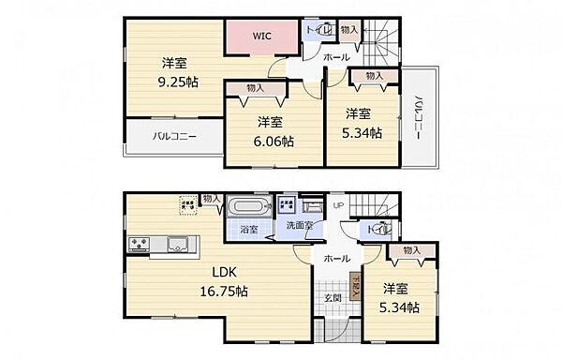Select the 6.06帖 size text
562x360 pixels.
click(x=274, y=142)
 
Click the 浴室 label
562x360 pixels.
click(x=248, y=229)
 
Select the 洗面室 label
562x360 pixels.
click(x=301, y=225)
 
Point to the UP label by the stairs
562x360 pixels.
click(x=338, y=205)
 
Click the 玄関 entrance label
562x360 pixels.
click(x=333, y=298)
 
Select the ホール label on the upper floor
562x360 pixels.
click(x=336, y=57)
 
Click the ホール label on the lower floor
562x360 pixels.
click(x=337, y=258)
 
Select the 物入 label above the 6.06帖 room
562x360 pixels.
click(x=256, y=88)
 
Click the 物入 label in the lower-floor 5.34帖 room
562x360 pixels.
click(x=410, y=250)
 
